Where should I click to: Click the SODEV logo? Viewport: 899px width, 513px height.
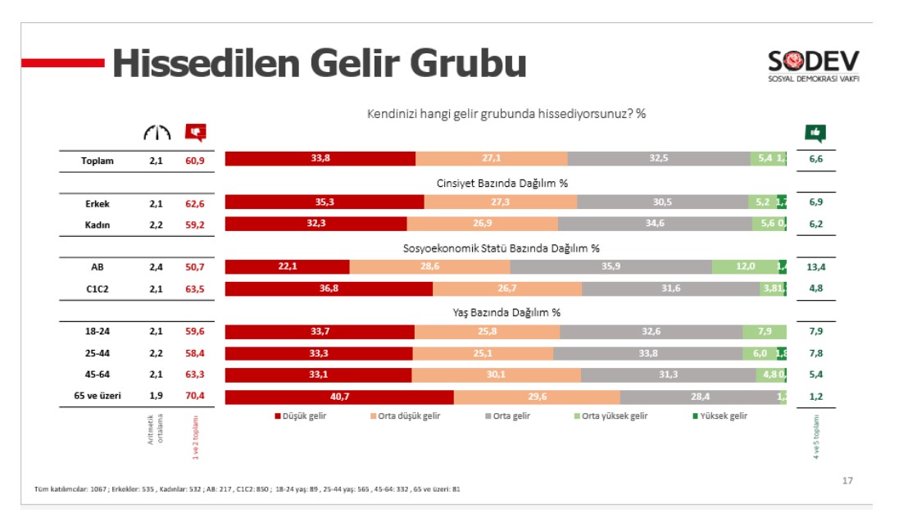point(813,66)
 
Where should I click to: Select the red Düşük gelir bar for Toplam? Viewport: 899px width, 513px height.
point(320,159)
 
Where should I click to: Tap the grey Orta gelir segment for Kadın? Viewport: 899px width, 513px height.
point(655,224)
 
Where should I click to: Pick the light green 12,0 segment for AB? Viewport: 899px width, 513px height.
point(744,266)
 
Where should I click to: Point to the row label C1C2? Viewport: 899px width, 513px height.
point(98,288)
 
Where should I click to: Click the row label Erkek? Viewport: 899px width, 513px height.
point(98,203)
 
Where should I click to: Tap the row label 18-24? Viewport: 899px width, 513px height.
point(98,331)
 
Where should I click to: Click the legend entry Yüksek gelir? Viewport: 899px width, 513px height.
point(720,415)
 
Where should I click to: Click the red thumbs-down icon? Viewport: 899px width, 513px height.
point(195,132)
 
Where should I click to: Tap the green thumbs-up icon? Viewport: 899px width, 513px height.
point(815,132)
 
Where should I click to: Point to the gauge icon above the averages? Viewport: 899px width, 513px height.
point(156,132)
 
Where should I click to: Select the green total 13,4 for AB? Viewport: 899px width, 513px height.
point(815,266)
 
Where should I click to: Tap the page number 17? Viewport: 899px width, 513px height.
point(847,481)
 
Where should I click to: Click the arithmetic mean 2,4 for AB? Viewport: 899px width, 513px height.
point(156,266)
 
